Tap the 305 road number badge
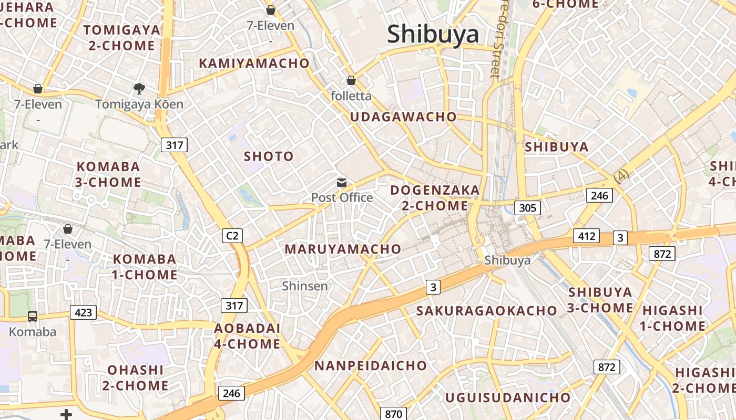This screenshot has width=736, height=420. (527, 207)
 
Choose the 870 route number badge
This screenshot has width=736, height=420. (393, 414)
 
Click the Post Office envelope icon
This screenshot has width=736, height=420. (342, 183)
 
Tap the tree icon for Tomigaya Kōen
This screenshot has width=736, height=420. (139, 89)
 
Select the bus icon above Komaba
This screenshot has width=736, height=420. (33, 316)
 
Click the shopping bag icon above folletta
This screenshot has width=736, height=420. (351, 80)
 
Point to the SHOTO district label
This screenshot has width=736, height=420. (269, 156)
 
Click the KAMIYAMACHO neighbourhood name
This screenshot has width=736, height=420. (254, 64)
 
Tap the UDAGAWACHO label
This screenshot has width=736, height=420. (403, 117)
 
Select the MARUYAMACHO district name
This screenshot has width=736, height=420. (343, 249)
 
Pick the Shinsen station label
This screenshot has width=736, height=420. (304, 286)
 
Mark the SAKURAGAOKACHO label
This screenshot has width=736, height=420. (486, 311)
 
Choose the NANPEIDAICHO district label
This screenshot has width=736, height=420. (371, 366)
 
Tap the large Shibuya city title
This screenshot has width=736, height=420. (433, 34)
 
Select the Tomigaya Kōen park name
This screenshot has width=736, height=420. (139, 104)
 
